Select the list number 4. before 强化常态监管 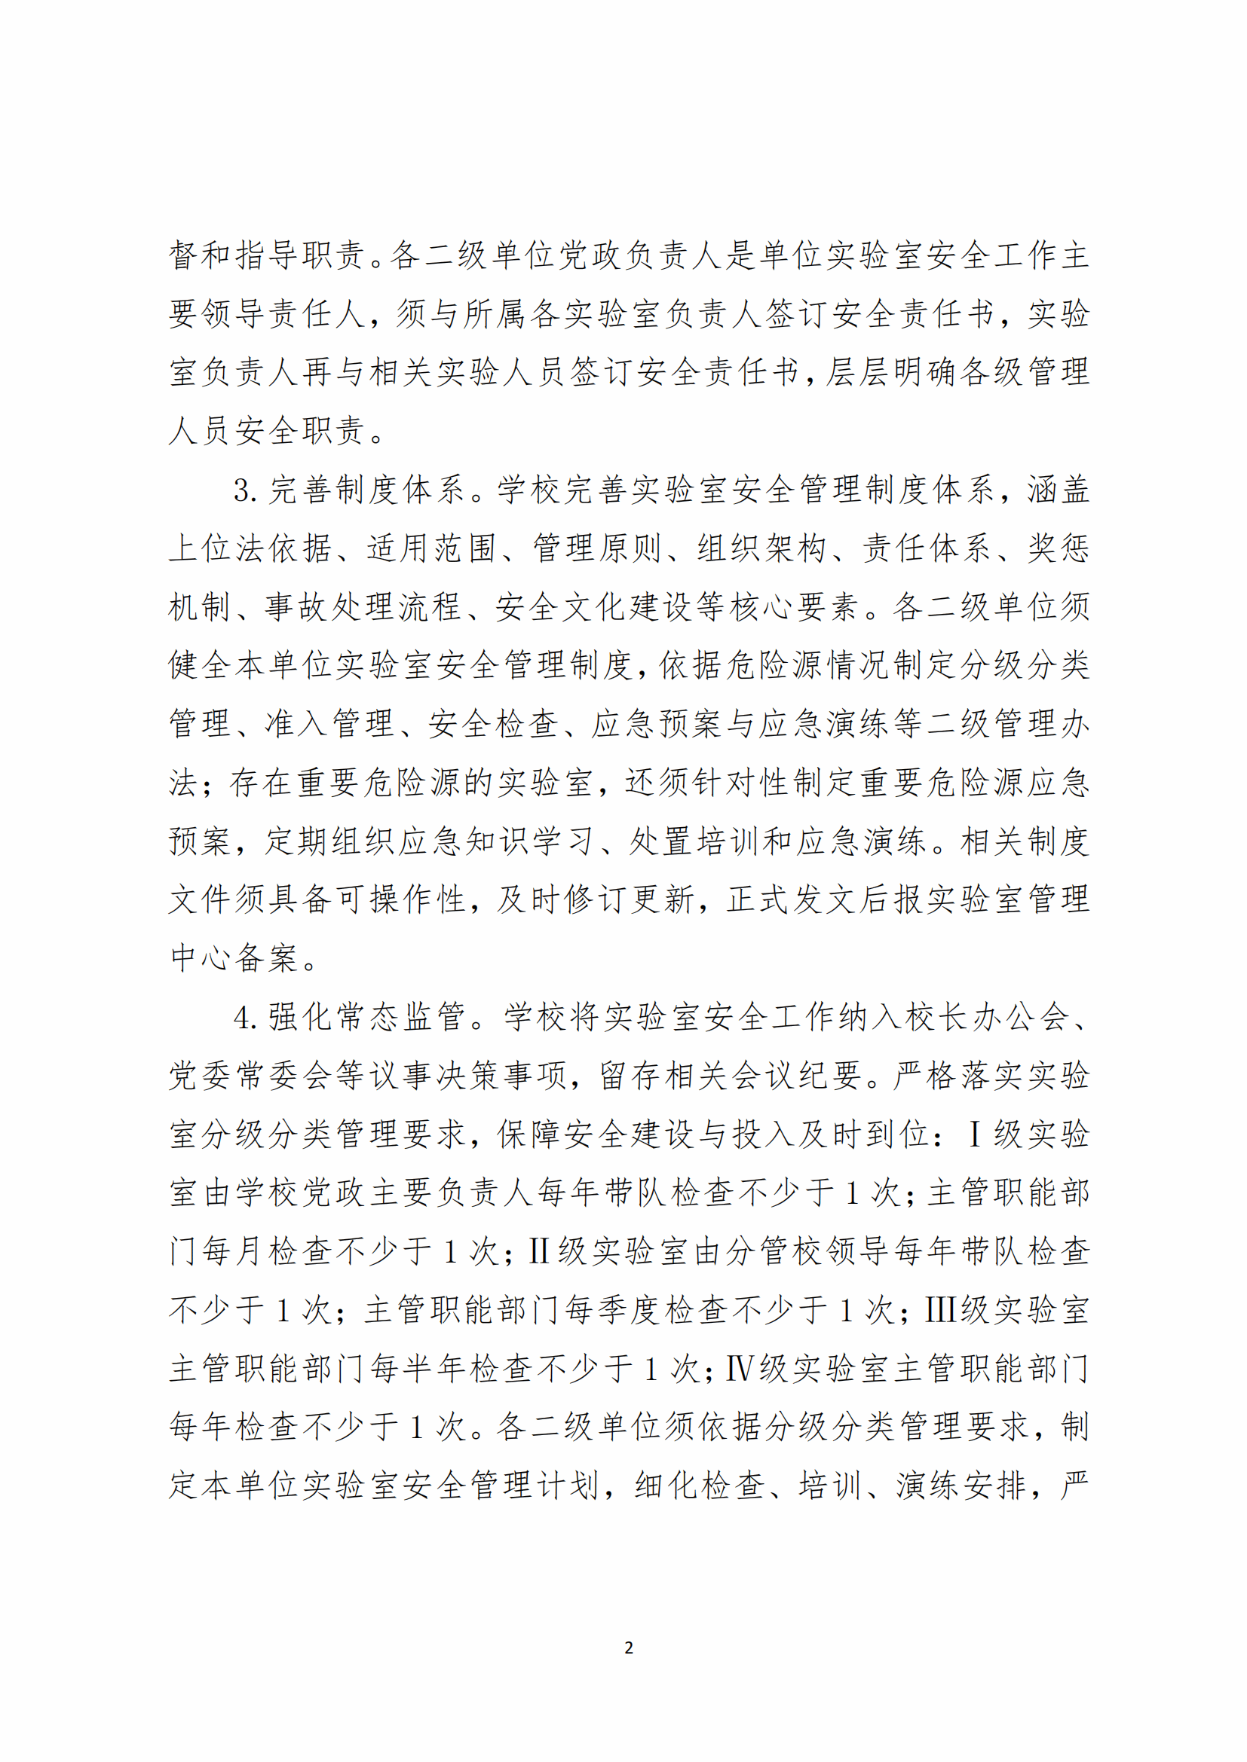point(245,1018)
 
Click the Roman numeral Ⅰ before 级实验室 point(975,1134)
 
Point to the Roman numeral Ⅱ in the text point(539,1251)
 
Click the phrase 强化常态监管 point(367,1018)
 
